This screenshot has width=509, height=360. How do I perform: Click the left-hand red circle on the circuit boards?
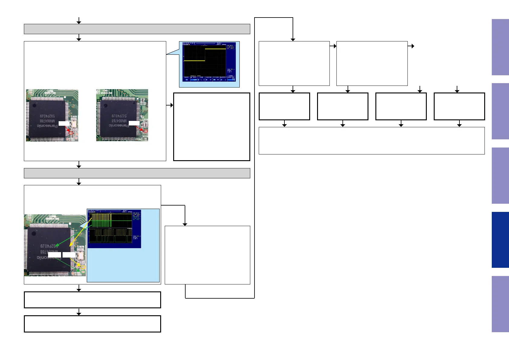click(x=71, y=132)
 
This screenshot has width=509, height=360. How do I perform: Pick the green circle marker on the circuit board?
click(x=78, y=270)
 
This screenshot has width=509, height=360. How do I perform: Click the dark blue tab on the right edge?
click(x=500, y=240)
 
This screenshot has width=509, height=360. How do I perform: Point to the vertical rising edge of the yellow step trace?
click(x=205, y=55)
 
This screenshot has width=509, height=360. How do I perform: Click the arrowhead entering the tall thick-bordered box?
click(x=172, y=105)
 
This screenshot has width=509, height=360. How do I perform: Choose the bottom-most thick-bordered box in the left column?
click(x=92, y=324)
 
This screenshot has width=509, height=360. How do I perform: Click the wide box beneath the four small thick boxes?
click(x=371, y=141)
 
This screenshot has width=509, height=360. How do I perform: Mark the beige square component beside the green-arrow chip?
click(x=80, y=256)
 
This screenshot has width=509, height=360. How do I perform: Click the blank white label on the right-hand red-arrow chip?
click(x=134, y=123)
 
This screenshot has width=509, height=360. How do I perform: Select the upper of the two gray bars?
click(x=137, y=29)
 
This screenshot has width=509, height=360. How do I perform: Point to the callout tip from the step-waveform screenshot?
click(x=167, y=54)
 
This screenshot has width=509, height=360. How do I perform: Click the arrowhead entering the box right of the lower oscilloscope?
click(x=185, y=224)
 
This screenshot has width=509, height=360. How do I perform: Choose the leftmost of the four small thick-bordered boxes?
click(x=284, y=106)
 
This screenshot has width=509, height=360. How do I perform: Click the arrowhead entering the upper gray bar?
click(x=79, y=22)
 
